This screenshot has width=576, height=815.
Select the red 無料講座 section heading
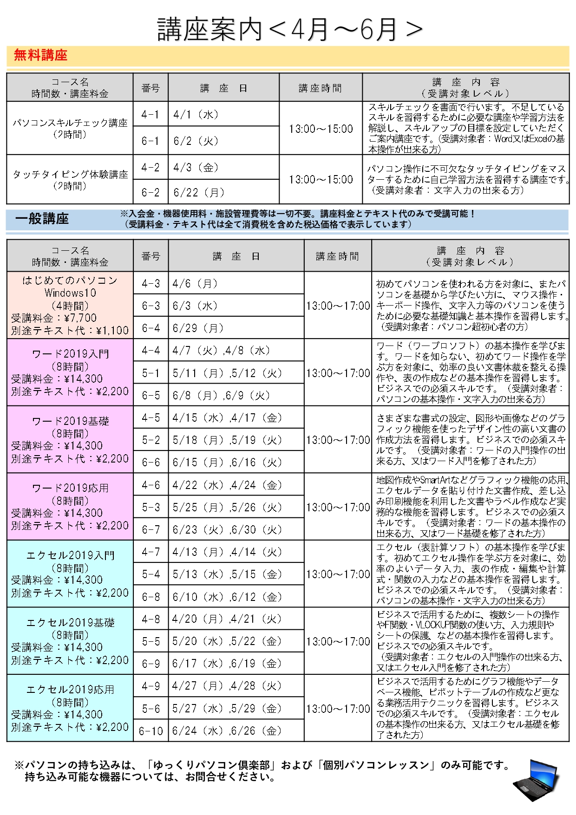[40, 55]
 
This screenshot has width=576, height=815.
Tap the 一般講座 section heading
[42, 219]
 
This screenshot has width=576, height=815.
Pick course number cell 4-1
[151, 115]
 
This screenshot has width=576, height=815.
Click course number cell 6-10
[151, 731]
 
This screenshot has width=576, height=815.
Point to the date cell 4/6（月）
[195, 283]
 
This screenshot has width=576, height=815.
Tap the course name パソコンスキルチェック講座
[70, 123]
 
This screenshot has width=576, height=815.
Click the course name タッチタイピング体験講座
[70, 174]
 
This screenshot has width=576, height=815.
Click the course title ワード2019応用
[70, 488]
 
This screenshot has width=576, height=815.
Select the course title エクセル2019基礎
[70, 622]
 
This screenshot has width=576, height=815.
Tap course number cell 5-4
[151, 574]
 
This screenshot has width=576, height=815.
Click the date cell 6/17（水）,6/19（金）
[227, 664]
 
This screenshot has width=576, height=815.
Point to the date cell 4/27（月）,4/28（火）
[227, 686]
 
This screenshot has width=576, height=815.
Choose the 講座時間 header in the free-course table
[320, 88]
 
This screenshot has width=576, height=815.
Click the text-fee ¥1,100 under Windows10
[112, 331]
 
